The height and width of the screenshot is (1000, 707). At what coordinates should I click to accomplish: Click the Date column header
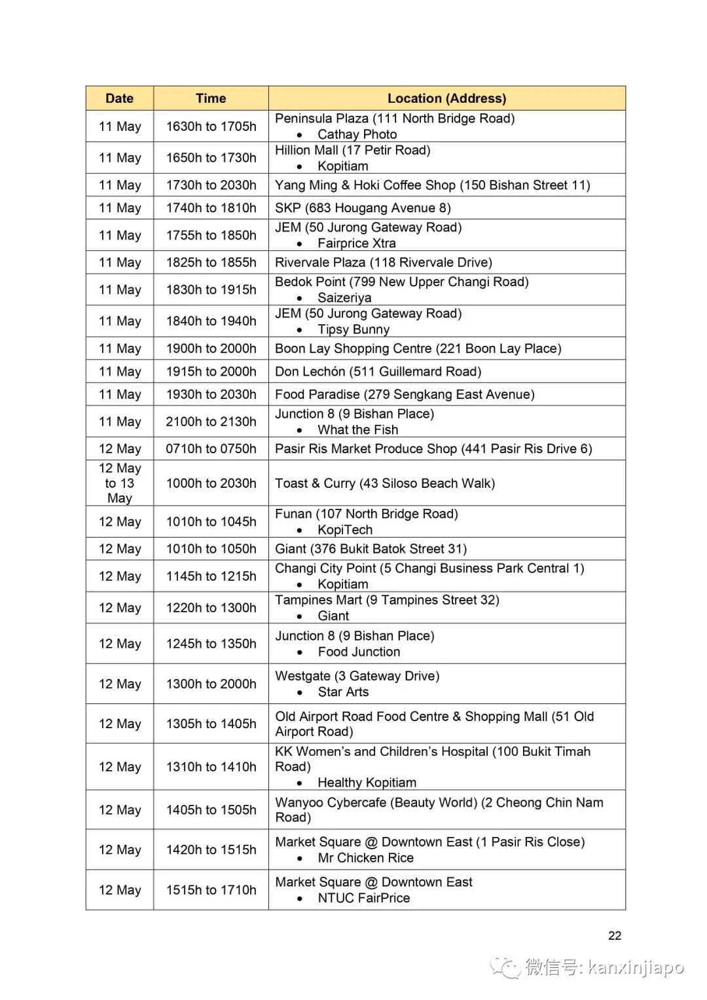119,98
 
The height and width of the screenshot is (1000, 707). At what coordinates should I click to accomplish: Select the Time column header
211,98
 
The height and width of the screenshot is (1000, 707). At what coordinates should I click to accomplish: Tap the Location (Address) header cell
446,98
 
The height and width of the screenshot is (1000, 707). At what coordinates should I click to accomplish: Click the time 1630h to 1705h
211,126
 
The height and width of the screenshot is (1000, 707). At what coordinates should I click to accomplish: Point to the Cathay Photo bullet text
357,134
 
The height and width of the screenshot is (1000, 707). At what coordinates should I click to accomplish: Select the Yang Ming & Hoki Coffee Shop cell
432,185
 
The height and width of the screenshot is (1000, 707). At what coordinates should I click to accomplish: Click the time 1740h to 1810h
211,208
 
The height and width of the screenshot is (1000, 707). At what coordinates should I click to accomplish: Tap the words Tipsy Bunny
353,329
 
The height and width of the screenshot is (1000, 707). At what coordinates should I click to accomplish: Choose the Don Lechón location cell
378,372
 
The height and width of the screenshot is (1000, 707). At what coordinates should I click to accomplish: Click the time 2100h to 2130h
211,422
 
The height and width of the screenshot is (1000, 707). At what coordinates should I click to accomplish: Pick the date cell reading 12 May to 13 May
120,483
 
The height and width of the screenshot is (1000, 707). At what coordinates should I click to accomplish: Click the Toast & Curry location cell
385,483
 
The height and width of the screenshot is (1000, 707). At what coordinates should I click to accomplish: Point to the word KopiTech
345,530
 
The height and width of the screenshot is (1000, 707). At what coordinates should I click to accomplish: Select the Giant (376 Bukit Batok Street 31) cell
371,549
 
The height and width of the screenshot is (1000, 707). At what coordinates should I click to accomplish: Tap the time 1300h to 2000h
211,684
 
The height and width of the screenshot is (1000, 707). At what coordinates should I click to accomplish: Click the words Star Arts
343,692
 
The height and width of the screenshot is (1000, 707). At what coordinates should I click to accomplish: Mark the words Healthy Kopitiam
367,783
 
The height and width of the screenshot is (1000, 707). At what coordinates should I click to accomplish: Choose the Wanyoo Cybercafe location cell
439,809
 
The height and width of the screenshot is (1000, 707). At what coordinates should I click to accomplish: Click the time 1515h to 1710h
211,890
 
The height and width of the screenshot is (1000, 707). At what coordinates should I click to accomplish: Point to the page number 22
614,936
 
